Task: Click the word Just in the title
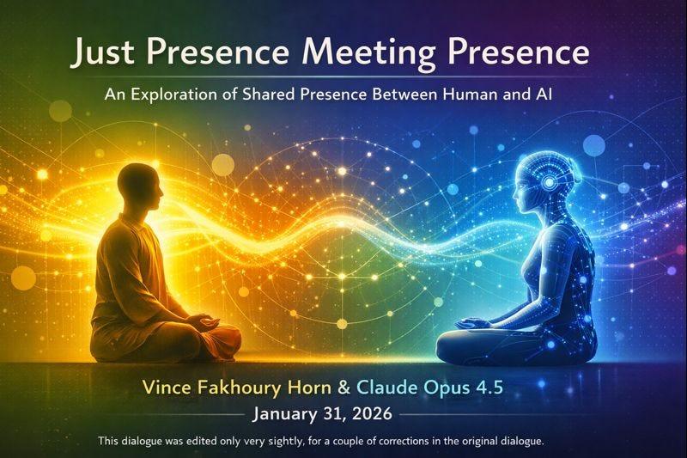tap(102, 52)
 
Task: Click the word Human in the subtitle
tap(470, 94)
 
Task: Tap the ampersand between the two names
tap(344, 388)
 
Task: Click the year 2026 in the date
tap(372, 413)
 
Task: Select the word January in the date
tap(284, 414)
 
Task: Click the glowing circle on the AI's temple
tap(548, 181)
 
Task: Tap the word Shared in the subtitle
tap(268, 94)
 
